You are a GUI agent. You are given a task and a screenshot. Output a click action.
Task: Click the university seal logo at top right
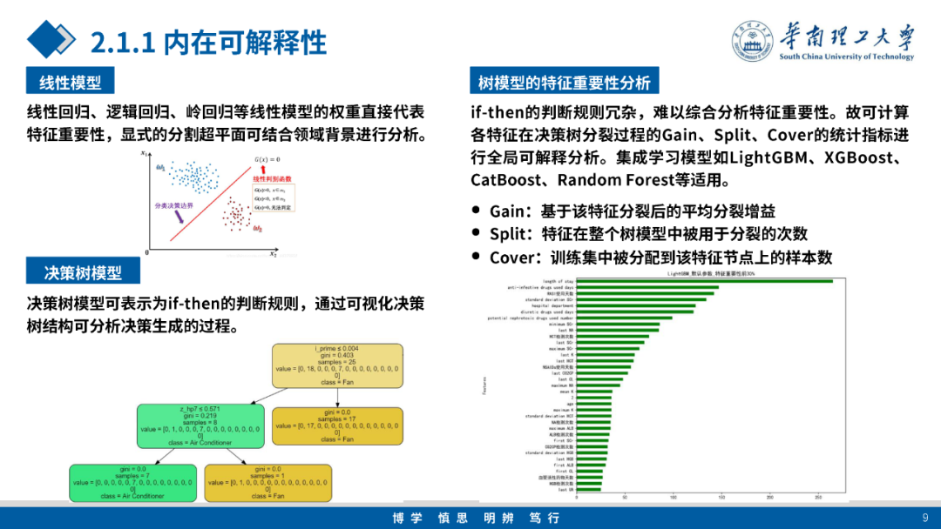click(x=754, y=41)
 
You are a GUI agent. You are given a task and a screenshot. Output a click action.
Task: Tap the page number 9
click(x=924, y=518)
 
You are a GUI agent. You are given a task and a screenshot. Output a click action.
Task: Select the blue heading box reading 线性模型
click(x=71, y=83)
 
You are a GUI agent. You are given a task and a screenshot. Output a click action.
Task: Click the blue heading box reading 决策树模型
click(x=83, y=272)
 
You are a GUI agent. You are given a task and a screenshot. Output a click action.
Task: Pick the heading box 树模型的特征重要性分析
click(x=564, y=83)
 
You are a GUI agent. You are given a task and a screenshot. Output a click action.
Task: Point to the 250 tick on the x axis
click(x=817, y=498)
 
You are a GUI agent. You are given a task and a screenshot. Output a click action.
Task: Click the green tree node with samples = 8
click(x=200, y=425)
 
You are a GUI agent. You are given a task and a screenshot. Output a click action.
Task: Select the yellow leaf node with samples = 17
click(x=338, y=425)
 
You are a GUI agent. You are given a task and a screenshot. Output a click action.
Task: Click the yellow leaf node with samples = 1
click(x=267, y=482)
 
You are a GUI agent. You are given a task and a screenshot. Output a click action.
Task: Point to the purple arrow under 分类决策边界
click(x=179, y=218)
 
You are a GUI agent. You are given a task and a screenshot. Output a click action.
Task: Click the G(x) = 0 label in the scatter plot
click(x=267, y=160)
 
